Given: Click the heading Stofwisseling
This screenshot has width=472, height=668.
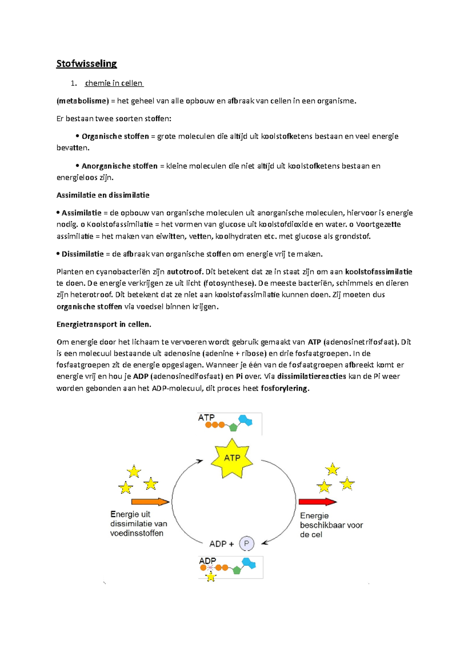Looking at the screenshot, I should click(87, 64).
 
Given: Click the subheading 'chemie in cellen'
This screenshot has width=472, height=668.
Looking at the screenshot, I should click(114, 83).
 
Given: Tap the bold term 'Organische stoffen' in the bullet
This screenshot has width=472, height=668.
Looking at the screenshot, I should click(115, 137).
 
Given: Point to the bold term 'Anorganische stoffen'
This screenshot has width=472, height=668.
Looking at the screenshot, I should click(120, 166).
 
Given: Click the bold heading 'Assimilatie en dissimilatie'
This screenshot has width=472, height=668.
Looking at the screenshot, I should click(103, 195).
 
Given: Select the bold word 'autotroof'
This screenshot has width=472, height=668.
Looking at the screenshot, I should click(185, 272).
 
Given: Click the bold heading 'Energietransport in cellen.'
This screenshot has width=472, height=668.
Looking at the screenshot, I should click(104, 325).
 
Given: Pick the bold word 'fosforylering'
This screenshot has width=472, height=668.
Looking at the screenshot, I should click(285, 389).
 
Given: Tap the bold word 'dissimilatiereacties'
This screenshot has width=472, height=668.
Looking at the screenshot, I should click(312, 376).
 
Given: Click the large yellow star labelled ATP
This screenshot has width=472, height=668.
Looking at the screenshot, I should click(232, 458).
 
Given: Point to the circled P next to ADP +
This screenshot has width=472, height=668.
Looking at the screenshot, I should click(247, 544).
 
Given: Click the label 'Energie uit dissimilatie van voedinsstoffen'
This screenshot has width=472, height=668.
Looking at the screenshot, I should click(138, 524).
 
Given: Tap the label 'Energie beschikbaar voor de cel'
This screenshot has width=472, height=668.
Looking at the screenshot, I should click(331, 525).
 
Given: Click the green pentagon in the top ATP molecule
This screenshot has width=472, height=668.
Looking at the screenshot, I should click(233, 427).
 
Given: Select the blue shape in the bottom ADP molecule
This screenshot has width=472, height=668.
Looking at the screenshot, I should click(249, 564).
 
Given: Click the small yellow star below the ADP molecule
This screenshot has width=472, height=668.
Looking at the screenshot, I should click(211, 577).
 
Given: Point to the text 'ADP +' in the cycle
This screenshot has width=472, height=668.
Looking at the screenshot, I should click(221, 544).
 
